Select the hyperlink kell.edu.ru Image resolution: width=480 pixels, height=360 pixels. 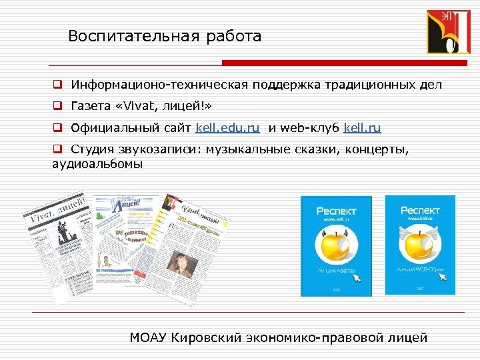(x=227, y=127)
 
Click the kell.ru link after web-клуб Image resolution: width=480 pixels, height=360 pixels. (x=363, y=127)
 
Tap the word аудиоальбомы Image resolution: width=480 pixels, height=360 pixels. (x=97, y=163)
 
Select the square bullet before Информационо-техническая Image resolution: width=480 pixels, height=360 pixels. (x=58, y=85)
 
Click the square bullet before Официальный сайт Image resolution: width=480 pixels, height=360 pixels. (x=58, y=128)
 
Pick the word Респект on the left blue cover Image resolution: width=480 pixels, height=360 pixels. (x=336, y=211)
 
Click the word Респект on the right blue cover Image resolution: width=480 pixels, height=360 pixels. (x=421, y=210)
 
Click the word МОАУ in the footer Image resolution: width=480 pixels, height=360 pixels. (x=149, y=337)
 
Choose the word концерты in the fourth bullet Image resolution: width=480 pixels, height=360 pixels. (x=377, y=149)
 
